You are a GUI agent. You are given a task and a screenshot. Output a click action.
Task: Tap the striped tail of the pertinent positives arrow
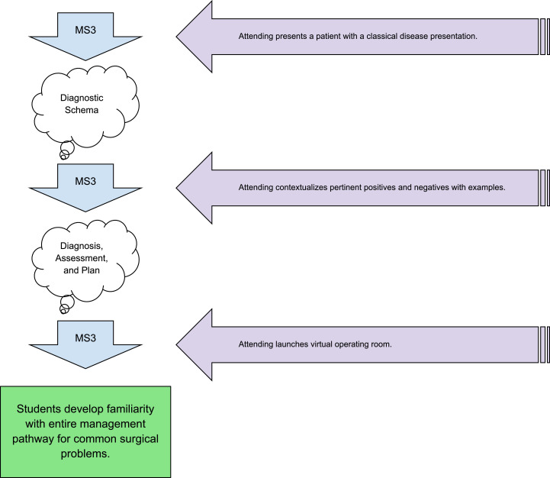click(x=544, y=187)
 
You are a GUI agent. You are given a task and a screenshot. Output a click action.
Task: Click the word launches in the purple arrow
click(x=284, y=344)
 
